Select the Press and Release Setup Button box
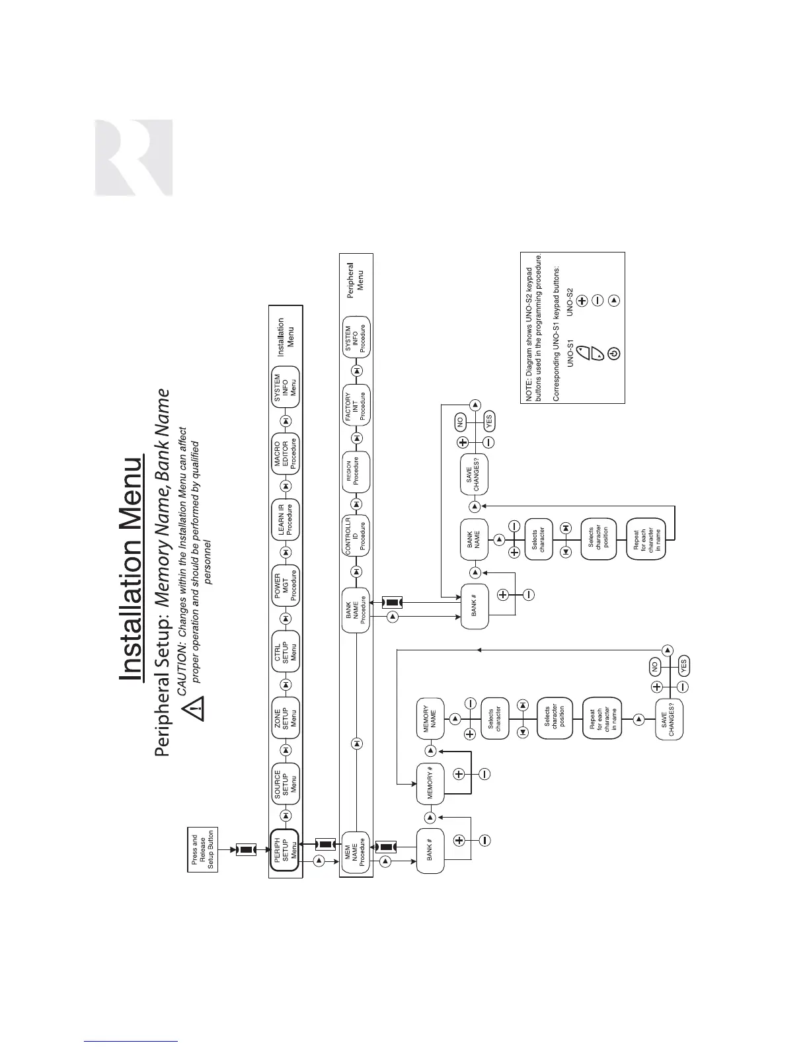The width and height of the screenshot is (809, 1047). coord(203,850)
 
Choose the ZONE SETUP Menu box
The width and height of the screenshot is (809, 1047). coord(286,717)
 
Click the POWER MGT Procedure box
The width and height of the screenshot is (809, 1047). coord(286,585)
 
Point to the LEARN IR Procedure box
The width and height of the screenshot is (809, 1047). coord(286,520)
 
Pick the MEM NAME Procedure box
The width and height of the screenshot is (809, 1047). coord(356,852)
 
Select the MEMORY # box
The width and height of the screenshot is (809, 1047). coord(429,784)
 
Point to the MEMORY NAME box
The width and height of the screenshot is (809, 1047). coord(429,718)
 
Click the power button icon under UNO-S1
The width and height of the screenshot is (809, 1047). coord(613,354)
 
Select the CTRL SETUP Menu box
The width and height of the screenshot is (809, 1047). coord(286,651)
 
